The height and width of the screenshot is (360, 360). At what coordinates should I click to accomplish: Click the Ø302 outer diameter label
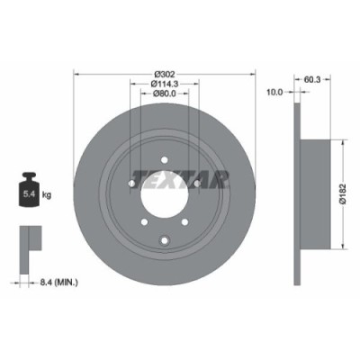pyautogui.click(x=164, y=73)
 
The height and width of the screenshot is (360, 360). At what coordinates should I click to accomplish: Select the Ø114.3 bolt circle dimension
pyautogui.click(x=164, y=83)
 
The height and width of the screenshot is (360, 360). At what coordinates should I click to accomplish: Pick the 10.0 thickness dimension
pyautogui.click(x=275, y=91)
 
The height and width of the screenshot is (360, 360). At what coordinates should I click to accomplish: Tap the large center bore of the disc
pyautogui.click(x=164, y=201)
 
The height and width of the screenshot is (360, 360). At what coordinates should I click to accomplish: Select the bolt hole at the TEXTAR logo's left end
pyautogui.click(x=130, y=184)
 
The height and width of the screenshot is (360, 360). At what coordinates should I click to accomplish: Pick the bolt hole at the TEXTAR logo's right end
pyautogui.click(x=197, y=184)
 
